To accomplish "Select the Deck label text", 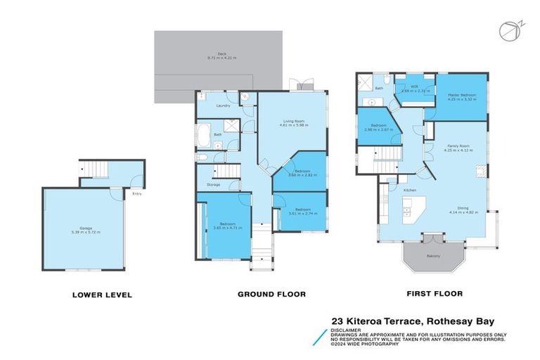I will click(x=221, y=53).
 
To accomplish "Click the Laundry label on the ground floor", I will click(x=224, y=106).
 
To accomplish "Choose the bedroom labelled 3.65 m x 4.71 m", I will click(x=226, y=226).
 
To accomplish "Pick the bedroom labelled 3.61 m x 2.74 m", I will click(x=303, y=210).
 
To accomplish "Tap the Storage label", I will click(x=214, y=184).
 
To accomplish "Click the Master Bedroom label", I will click(x=461, y=97).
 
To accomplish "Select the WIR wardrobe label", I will click(x=404, y=89).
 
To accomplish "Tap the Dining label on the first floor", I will click(x=463, y=208).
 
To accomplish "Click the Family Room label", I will click(x=456, y=147).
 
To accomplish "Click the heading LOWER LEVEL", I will click(x=103, y=295).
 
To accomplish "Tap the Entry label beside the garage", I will click(x=136, y=194).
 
